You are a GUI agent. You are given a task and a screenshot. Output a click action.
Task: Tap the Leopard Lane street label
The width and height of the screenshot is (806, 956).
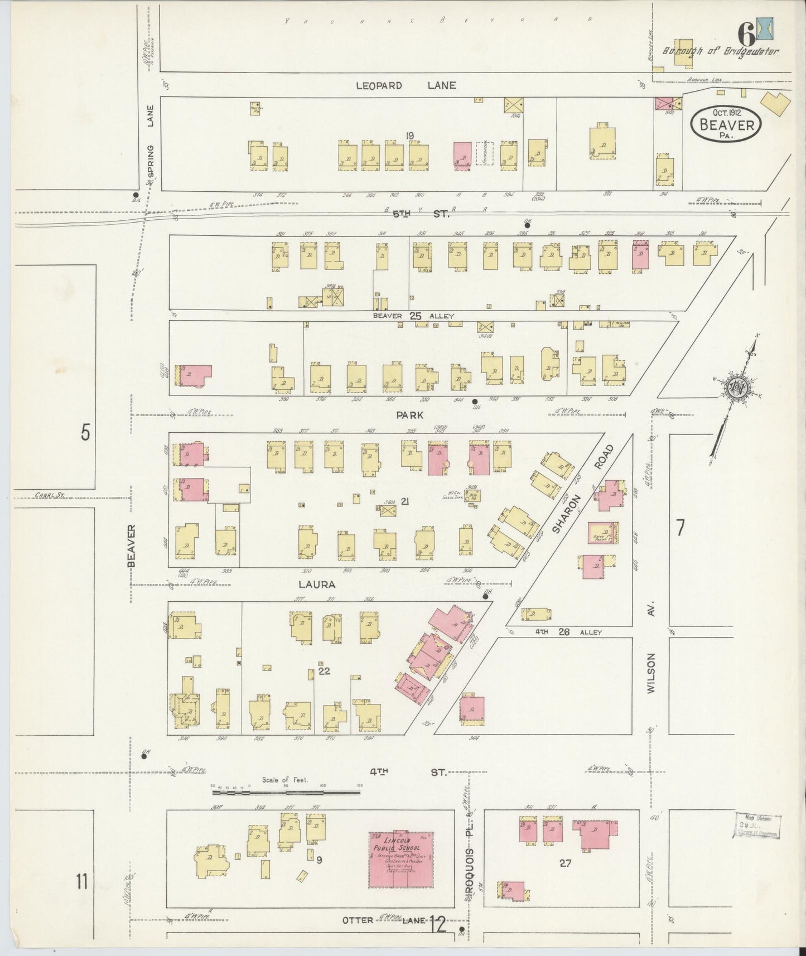407,85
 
